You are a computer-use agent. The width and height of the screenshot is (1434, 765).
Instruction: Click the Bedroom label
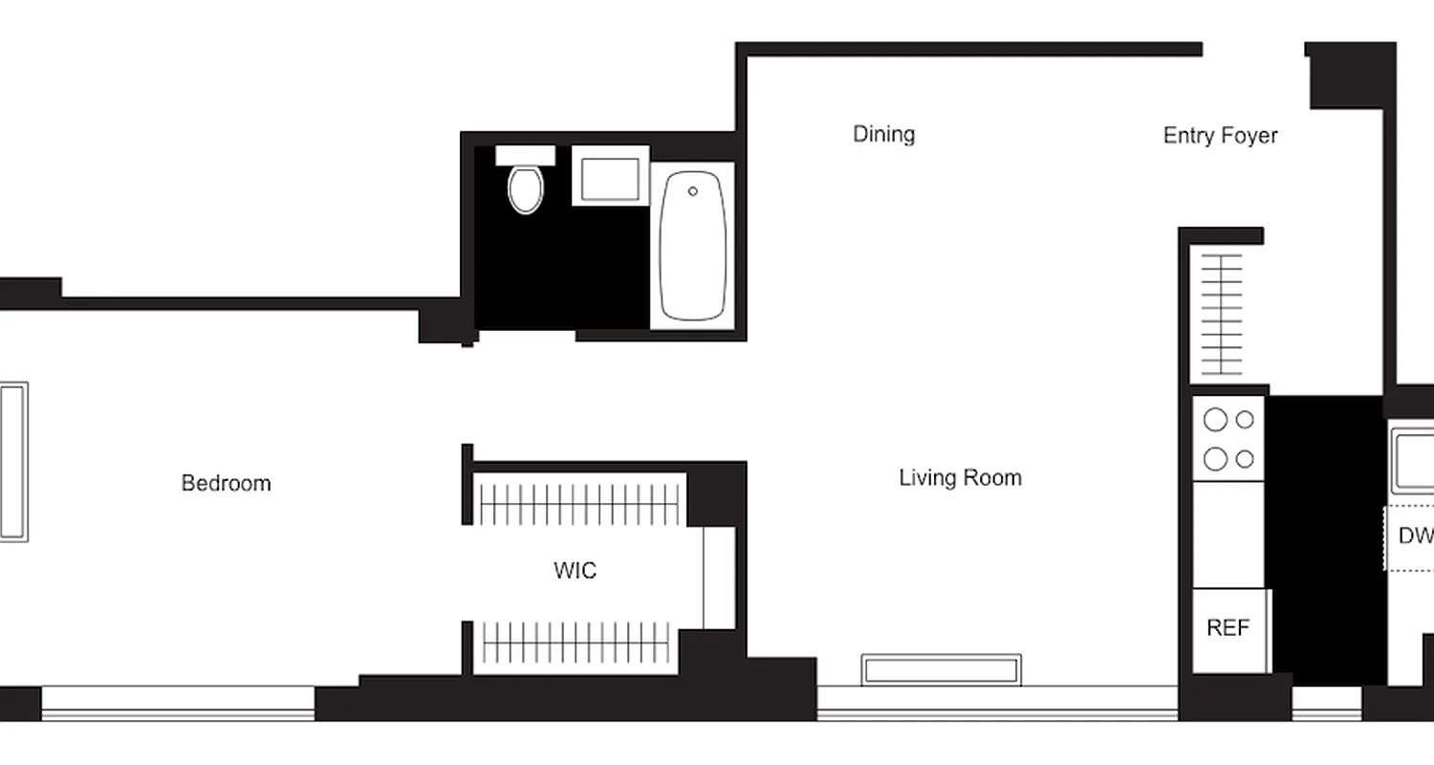click(227, 483)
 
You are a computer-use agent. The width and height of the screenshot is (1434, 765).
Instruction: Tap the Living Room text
click(960, 477)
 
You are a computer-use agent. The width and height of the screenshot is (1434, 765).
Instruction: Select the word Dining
click(883, 134)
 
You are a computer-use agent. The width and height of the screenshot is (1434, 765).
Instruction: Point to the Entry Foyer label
click(1220, 136)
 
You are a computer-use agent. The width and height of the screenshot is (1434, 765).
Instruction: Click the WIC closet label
click(575, 571)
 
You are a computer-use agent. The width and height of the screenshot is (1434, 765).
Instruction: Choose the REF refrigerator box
click(1228, 629)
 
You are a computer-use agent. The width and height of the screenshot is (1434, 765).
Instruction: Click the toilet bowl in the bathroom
click(525, 189)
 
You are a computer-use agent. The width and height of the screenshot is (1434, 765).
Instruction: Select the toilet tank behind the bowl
click(525, 155)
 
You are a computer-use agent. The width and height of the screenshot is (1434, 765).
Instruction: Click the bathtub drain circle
click(693, 191)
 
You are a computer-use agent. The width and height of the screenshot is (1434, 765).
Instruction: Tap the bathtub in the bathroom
click(693, 247)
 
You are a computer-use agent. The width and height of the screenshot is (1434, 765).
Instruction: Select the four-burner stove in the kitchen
click(1228, 439)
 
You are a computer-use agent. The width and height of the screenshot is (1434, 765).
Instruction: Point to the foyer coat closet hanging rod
click(1222, 315)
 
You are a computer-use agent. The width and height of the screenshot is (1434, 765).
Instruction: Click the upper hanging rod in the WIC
click(579, 500)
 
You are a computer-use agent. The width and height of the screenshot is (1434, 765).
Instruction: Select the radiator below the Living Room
click(941, 669)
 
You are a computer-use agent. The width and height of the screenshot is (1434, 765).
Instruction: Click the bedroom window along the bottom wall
click(178, 703)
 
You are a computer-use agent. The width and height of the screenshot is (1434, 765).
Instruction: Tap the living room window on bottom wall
click(997, 703)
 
